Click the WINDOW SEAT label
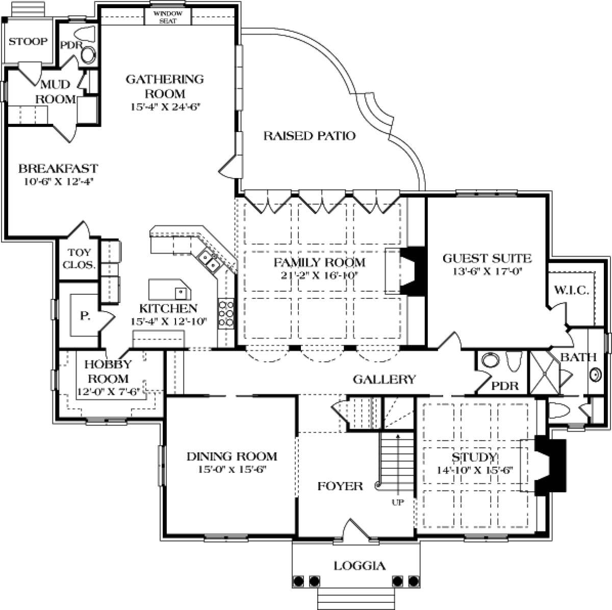(x=168, y=17)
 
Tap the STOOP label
(x=28, y=41)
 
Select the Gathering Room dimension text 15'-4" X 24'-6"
(x=165, y=107)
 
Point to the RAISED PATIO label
(x=310, y=136)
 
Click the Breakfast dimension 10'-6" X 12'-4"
(x=58, y=182)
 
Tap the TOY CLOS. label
(x=79, y=259)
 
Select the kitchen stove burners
(x=226, y=314)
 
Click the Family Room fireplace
(x=412, y=271)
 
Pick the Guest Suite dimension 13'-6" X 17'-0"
(x=488, y=272)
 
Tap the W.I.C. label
(x=572, y=290)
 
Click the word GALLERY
(x=385, y=379)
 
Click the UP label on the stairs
(x=398, y=502)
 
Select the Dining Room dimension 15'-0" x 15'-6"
(x=232, y=470)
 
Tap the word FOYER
(x=340, y=486)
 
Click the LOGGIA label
(x=360, y=566)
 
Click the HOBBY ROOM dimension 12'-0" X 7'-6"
(x=109, y=392)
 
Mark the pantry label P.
(x=85, y=316)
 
